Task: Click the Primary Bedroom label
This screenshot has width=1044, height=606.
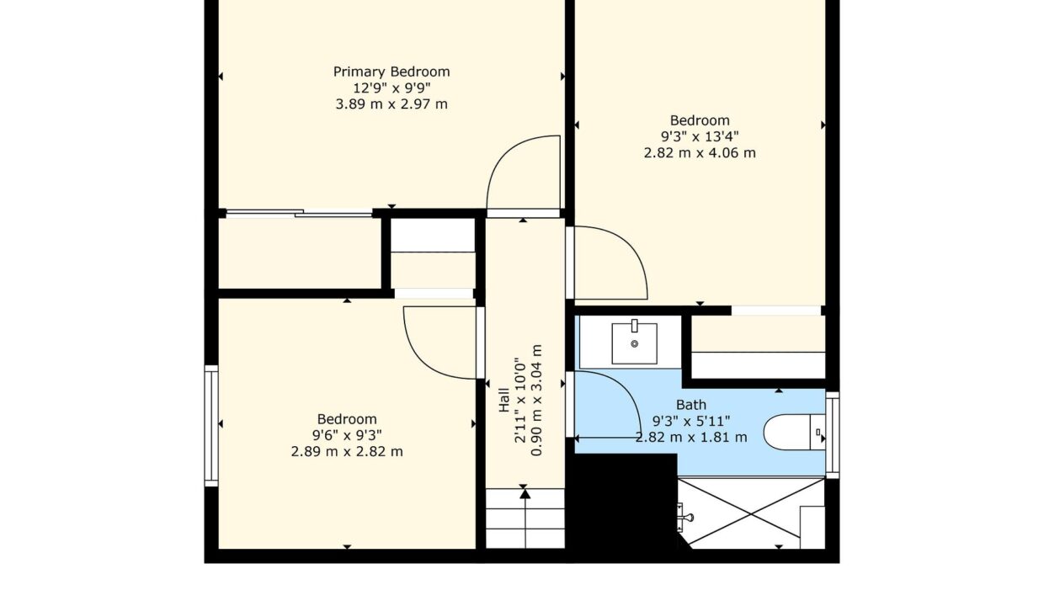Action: click(x=391, y=72)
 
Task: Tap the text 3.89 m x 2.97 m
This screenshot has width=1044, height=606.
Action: click(x=391, y=104)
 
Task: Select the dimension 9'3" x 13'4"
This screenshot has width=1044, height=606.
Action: click(x=700, y=136)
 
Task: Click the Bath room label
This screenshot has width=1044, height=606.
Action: click(x=691, y=404)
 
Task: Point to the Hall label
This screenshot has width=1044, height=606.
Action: click(x=503, y=400)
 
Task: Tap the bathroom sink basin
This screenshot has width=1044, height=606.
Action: click(x=634, y=343)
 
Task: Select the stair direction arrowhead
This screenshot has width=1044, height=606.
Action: click(x=525, y=494)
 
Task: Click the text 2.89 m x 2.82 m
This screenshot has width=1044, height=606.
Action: click(x=347, y=452)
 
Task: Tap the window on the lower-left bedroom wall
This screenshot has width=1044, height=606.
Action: click(x=211, y=426)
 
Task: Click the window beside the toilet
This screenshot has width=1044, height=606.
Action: click(x=833, y=435)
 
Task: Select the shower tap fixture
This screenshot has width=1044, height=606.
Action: click(x=684, y=517)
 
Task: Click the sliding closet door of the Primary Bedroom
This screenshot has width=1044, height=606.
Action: click(x=299, y=213)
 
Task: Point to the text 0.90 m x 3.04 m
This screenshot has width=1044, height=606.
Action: click(x=536, y=400)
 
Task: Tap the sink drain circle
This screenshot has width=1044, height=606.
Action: click(x=634, y=343)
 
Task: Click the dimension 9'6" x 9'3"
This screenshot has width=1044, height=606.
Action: click(x=347, y=435)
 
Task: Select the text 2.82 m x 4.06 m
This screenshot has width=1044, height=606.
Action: click(x=700, y=153)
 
